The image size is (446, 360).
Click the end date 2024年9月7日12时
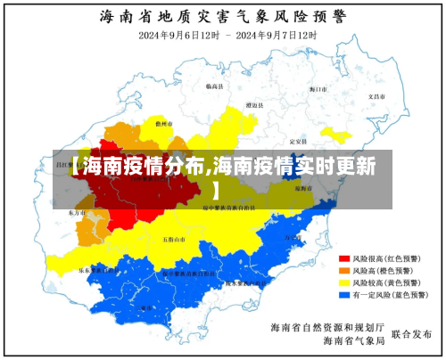277,35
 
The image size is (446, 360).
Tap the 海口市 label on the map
319,89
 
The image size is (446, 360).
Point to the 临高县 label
214,86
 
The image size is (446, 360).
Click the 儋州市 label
163,124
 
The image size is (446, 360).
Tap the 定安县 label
299,142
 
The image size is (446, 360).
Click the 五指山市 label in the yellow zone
174,239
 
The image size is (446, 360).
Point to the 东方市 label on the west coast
77,214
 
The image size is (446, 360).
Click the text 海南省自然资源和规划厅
327,326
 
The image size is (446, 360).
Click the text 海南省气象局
353,340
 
